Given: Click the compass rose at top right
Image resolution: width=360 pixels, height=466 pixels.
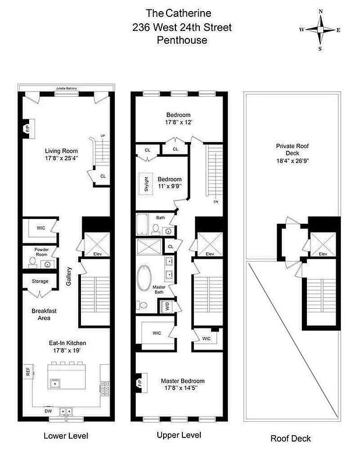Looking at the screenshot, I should click(320, 29).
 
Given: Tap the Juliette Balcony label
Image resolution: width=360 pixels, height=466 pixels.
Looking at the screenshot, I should click(66, 88).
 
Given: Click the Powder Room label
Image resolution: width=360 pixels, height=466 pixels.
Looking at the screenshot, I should click(34, 252).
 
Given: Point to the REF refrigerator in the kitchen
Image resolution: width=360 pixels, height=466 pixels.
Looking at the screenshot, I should click(27, 370).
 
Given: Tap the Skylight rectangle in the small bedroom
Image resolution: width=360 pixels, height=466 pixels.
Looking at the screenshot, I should click(147, 184).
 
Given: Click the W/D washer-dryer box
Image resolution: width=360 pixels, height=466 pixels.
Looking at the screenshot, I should click(167, 305).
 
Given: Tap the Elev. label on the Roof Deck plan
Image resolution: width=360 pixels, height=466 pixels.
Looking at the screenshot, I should click(323, 254).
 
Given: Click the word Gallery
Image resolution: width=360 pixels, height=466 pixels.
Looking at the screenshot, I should click(69, 273).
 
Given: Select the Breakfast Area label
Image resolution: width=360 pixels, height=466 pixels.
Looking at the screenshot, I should click(40, 315).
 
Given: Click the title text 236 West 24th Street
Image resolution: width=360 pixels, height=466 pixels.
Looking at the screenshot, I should click(182, 26).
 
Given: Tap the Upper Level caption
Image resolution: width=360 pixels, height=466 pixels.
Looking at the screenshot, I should click(179, 435).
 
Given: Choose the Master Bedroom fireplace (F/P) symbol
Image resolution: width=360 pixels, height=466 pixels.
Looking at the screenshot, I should click(140, 383).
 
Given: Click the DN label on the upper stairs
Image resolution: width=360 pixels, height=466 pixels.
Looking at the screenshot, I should click(215, 202).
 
